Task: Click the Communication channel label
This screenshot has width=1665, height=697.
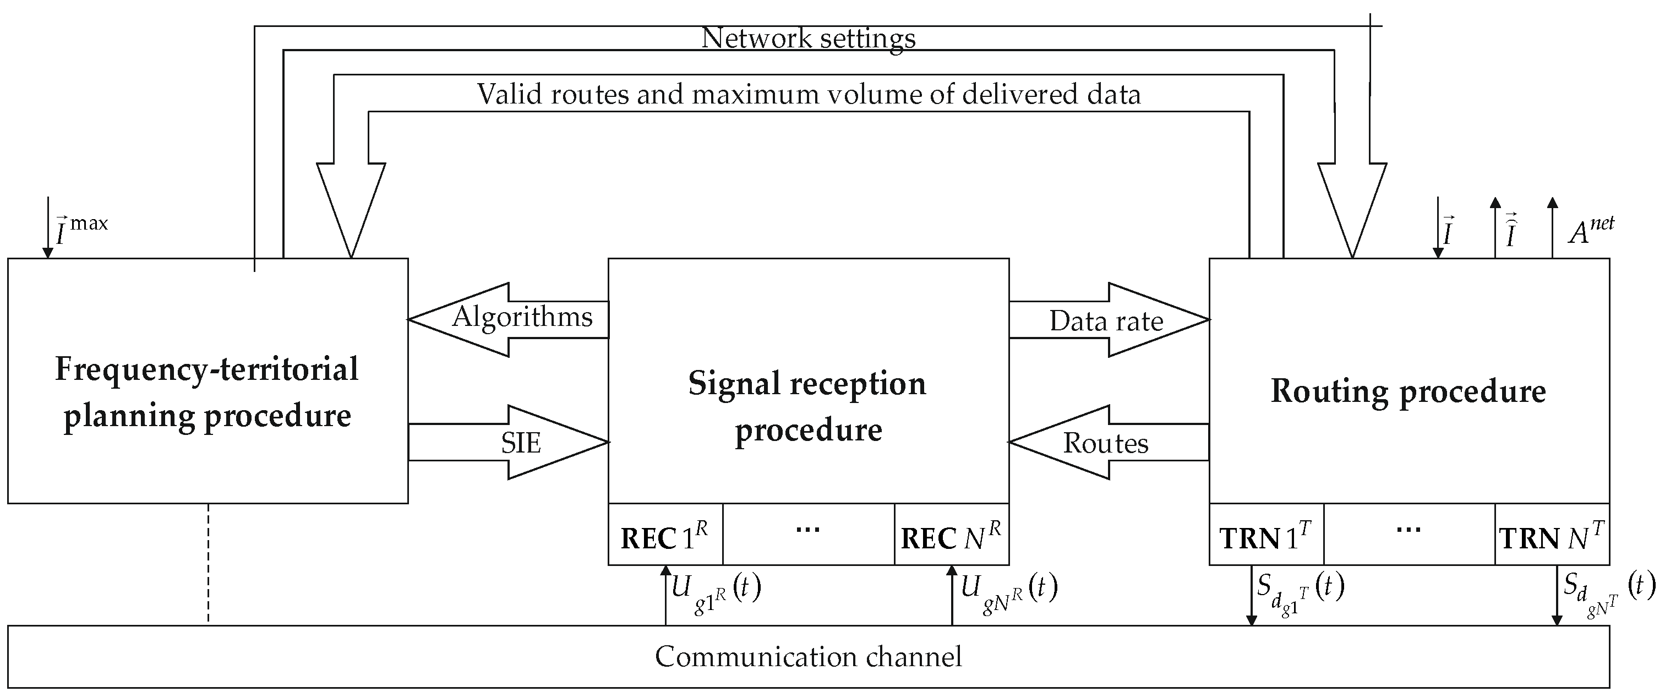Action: coord(808,657)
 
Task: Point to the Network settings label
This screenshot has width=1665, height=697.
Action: coord(808,37)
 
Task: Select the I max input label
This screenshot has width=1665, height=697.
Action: coord(81,230)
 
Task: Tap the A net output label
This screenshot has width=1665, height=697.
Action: coord(1590,230)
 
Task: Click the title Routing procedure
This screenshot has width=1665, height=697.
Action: coord(1408,391)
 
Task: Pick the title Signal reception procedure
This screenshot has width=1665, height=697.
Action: coord(808,406)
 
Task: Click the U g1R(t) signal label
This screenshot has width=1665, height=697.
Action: coord(714,592)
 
